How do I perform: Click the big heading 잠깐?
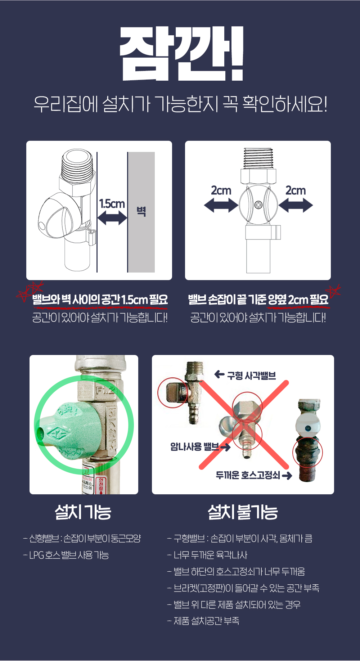pyautogui.click(x=181, y=54)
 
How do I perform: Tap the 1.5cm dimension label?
pyautogui.click(x=112, y=204)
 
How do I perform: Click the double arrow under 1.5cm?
pyautogui.click(x=112, y=218)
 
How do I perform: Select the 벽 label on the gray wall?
pyautogui.click(x=141, y=211)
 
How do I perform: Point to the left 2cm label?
pyautogui.click(x=221, y=190)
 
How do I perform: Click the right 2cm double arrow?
pyautogui.click(x=296, y=206)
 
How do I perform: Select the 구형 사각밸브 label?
pyautogui.click(x=251, y=376)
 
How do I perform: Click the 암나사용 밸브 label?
pyautogui.click(x=194, y=447)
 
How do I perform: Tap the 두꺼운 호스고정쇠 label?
pyautogui.click(x=248, y=475)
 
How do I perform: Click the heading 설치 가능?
pyautogui.click(x=83, y=512)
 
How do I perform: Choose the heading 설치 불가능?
pyautogui.click(x=243, y=512)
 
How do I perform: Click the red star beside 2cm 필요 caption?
pyautogui.click(x=333, y=291)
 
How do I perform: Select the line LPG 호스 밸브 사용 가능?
pyautogui.click(x=66, y=555)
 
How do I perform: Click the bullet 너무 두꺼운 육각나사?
pyautogui.click(x=207, y=555)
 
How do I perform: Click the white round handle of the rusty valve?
pyautogui.click(x=308, y=424)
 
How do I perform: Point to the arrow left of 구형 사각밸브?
pyautogui.click(x=219, y=375)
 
